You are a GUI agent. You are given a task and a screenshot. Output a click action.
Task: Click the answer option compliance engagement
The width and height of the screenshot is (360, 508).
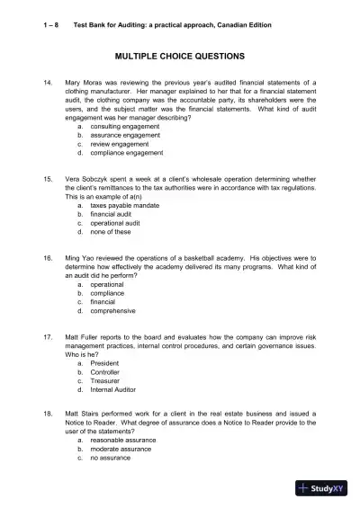point(127,154)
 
